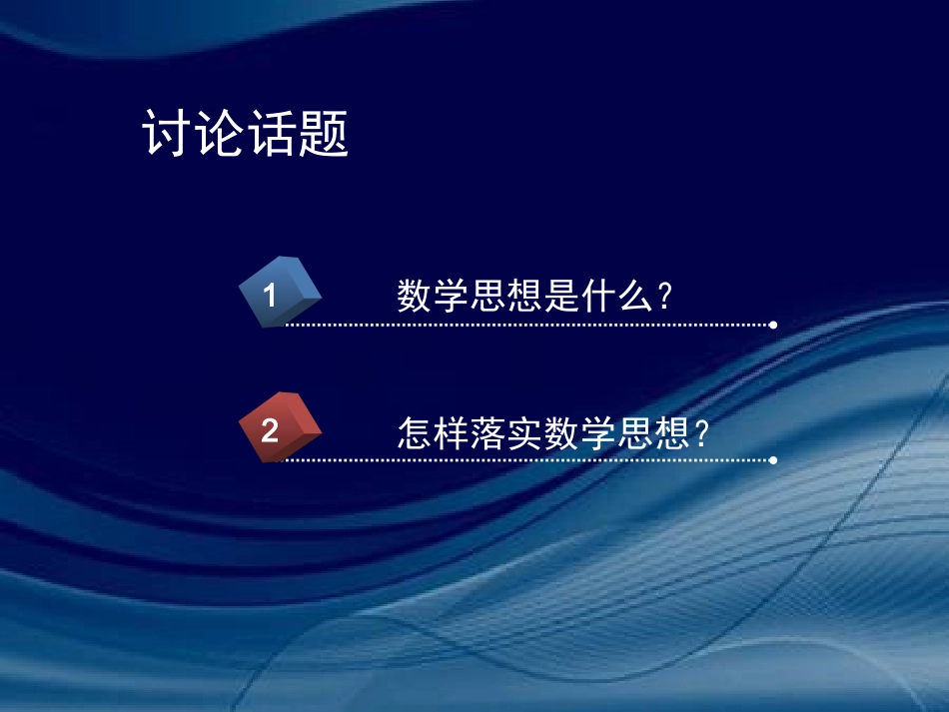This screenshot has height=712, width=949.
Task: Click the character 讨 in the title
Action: point(168,133)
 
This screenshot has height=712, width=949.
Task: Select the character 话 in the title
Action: point(272,133)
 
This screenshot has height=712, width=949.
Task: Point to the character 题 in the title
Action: point(324,133)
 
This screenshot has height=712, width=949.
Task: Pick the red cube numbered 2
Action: point(280,428)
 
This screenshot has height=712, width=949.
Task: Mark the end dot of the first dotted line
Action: point(773,325)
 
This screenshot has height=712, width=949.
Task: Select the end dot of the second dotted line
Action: point(773,460)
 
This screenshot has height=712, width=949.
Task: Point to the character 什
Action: point(595,296)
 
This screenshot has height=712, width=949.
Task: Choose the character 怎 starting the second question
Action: point(415,432)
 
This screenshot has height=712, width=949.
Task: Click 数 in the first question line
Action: point(415,296)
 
